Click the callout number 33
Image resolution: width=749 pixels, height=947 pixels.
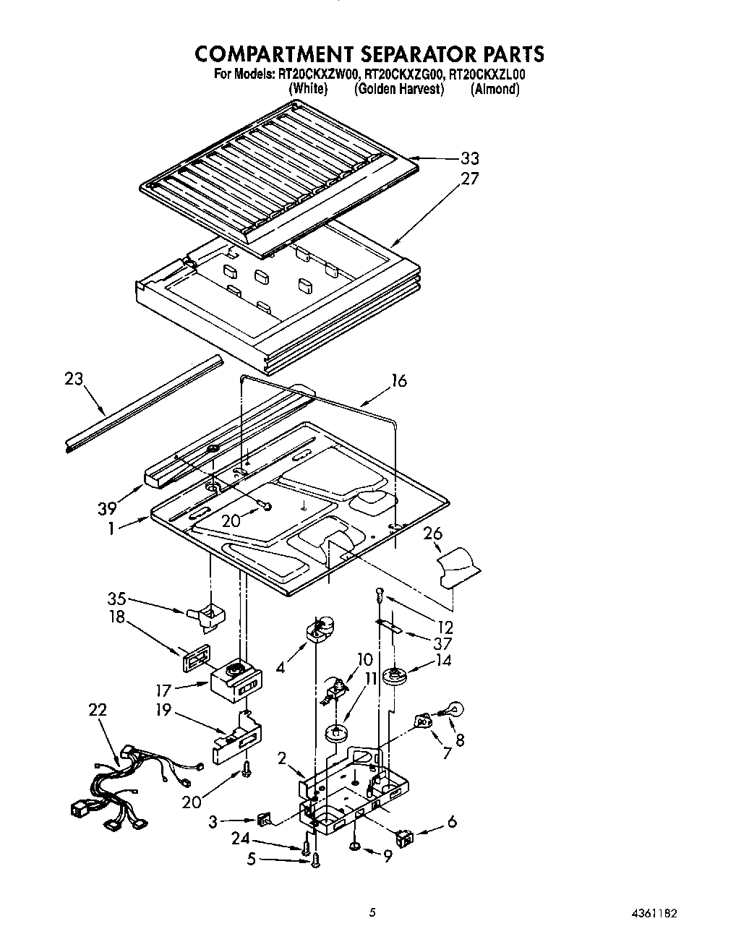pos(469,159)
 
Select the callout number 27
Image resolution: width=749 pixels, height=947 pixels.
pos(469,179)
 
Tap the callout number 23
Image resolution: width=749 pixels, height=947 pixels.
pos(74,379)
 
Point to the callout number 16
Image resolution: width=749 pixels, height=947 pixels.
pos(399,380)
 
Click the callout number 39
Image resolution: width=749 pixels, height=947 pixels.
pos(107,509)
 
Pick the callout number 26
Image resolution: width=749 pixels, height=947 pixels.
pos(432,534)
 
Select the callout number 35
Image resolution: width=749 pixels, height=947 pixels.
pos(116,599)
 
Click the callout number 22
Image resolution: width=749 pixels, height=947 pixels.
pos(97,710)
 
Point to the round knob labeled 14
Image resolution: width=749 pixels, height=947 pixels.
pos(395,677)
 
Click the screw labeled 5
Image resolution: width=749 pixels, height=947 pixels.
pos(315,859)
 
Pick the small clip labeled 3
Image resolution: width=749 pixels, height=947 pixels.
pos(262,820)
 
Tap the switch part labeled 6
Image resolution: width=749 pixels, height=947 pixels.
pos(406,838)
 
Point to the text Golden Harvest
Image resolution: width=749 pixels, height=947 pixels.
pos(398,89)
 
